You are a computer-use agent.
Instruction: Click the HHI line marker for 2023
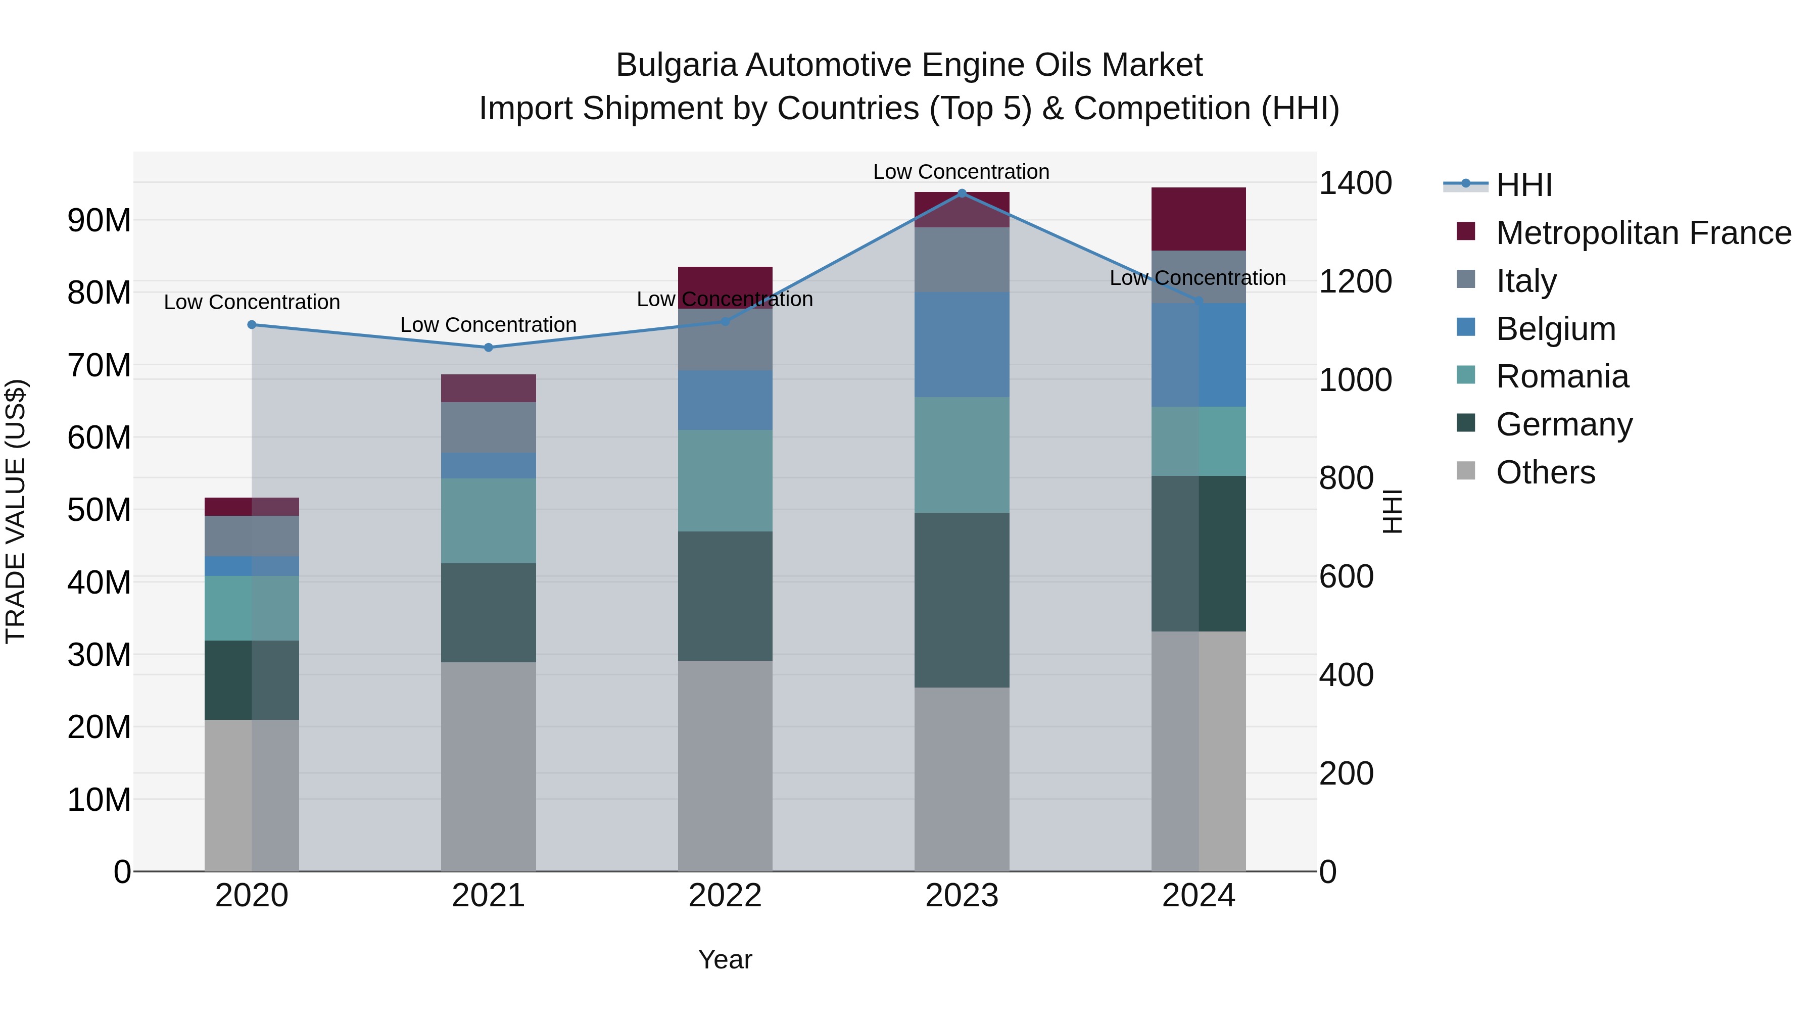coord(961,193)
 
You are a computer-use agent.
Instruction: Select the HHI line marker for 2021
coord(488,348)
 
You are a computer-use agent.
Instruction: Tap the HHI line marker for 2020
coord(252,325)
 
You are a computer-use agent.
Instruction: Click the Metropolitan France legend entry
coord(1643,233)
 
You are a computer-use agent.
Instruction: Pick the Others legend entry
coord(1545,472)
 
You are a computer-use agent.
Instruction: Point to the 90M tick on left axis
coord(99,220)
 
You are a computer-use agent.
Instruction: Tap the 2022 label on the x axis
coord(725,896)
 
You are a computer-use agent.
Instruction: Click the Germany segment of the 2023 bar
coord(961,600)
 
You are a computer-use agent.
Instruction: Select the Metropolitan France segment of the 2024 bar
coord(1199,219)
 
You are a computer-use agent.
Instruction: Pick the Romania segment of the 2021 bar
coord(488,520)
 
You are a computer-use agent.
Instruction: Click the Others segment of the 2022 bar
coord(725,766)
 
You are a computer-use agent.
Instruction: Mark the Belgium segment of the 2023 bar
coord(961,345)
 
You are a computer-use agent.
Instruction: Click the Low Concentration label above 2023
coord(961,172)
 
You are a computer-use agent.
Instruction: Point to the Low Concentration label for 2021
coord(488,325)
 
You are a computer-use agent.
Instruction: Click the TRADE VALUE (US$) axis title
coord(16,511)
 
